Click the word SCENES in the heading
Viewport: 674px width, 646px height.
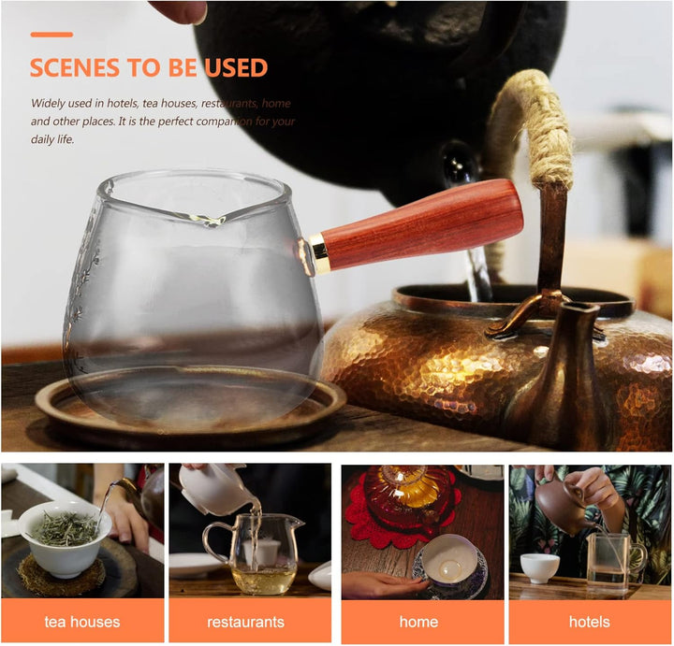[x=74, y=68]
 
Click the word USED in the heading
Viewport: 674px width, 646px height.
[x=236, y=68]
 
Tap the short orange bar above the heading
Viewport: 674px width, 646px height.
[x=51, y=35]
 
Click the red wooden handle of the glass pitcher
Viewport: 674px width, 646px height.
[x=421, y=224]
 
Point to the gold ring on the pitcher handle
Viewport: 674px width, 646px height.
[x=319, y=253]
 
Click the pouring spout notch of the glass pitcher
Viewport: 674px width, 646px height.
[x=211, y=221]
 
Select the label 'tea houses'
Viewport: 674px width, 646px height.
[x=82, y=622]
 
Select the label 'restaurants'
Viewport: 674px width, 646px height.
[x=245, y=622]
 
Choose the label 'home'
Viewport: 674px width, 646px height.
[x=418, y=622]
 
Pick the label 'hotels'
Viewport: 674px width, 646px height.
[x=590, y=622]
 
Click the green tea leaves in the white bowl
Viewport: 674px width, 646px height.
[x=66, y=528]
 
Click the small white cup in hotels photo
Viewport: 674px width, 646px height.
[x=540, y=567]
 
